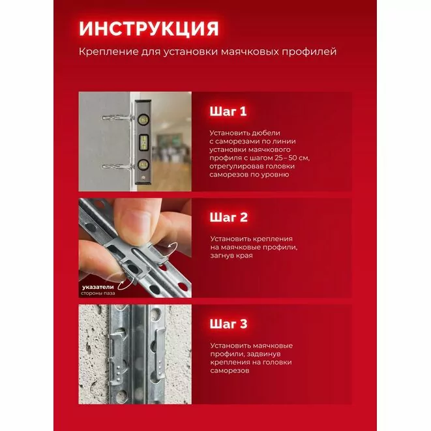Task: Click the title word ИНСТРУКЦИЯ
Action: [149, 28]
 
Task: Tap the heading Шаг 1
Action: [228, 111]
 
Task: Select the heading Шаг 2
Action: [228, 217]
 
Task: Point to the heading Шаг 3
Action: [228, 324]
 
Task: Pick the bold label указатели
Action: [98, 287]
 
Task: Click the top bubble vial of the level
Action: [143, 119]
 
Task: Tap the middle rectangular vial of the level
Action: [143, 142]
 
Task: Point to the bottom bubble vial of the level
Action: [143, 165]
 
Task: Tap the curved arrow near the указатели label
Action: [123, 284]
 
